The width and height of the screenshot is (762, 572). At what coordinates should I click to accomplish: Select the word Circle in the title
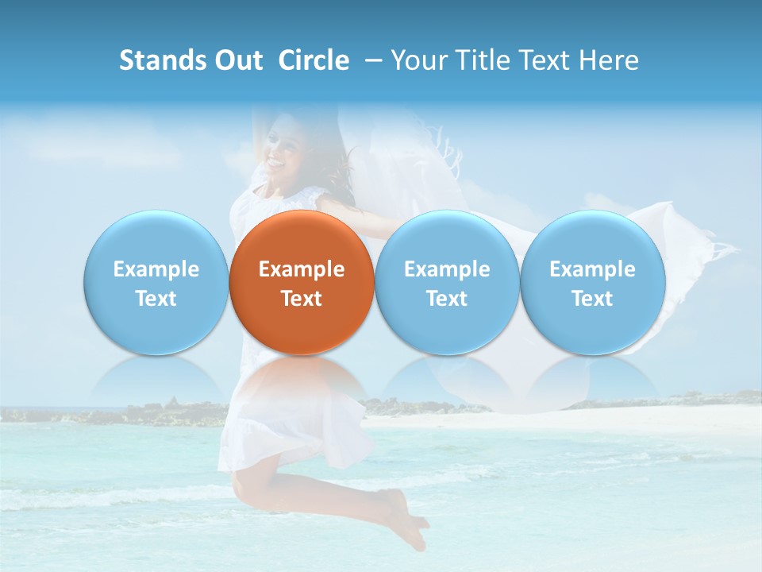click(x=314, y=60)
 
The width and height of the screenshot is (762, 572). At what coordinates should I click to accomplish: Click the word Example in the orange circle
click(x=302, y=269)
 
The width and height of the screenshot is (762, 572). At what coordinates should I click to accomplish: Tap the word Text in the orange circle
click(x=302, y=299)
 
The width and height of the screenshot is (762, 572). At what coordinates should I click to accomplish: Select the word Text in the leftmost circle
click(x=156, y=299)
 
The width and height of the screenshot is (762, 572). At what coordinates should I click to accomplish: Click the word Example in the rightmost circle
click(x=593, y=269)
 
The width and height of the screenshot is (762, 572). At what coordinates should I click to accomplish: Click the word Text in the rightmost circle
click(x=593, y=299)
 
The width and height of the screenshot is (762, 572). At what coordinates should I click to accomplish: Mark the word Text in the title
click(x=545, y=60)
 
